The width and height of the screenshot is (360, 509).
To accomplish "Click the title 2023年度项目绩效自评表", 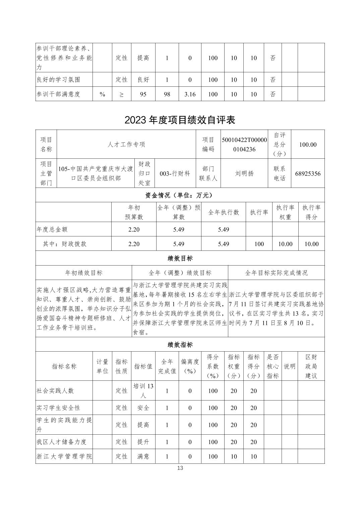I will click(180, 120).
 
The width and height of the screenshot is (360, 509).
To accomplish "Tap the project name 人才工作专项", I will click(126, 144).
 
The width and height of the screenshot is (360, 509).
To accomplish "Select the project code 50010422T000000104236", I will click(244, 144).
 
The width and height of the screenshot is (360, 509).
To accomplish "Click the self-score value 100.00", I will click(308, 144).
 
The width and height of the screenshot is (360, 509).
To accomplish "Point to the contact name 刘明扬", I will click(244, 173).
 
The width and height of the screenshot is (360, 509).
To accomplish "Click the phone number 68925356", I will click(308, 173).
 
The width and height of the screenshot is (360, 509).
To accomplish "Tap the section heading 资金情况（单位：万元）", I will click(180, 195).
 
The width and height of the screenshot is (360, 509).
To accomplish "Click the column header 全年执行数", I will click(224, 212).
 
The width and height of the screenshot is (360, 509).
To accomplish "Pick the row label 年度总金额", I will click(52, 229).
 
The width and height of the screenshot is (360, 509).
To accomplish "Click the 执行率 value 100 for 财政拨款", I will click(259, 244).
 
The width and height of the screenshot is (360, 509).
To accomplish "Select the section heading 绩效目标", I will click(180, 258).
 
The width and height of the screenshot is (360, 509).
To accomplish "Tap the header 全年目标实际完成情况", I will click(276, 273).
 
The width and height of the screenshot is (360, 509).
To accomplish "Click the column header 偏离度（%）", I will click(190, 366).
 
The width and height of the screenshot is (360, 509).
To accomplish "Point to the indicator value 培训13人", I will click(143, 390).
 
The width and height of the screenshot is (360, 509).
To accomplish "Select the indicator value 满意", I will click(143, 456).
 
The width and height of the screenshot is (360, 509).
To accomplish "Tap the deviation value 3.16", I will click(190, 94).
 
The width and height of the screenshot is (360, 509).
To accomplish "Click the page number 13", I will click(180, 468).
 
